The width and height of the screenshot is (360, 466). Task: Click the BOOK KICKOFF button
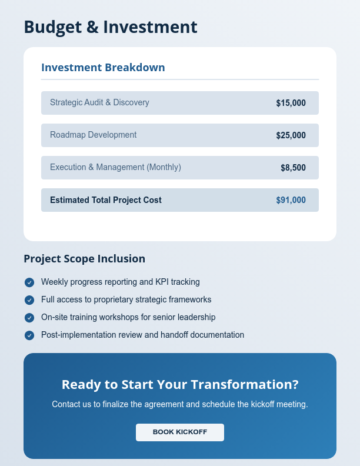click(x=180, y=432)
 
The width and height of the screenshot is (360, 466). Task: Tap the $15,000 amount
click(x=291, y=103)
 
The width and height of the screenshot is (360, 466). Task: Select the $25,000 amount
click(x=291, y=135)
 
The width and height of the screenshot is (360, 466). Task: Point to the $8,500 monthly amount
click(x=293, y=168)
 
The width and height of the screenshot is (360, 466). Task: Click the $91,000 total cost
click(x=291, y=200)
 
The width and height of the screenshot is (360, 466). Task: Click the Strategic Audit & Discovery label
click(x=99, y=102)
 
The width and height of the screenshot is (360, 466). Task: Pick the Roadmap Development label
click(x=93, y=135)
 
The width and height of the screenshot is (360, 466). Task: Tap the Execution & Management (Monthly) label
click(x=115, y=167)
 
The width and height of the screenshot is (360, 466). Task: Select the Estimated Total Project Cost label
click(x=106, y=200)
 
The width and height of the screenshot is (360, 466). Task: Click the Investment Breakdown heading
click(x=103, y=68)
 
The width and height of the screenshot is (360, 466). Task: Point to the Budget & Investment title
click(x=111, y=27)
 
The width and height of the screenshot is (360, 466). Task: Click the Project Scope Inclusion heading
click(x=84, y=259)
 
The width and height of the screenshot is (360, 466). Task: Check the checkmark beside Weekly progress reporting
click(x=29, y=282)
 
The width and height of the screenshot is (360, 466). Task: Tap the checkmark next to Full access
click(x=29, y=300)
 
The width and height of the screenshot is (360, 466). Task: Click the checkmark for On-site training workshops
click(x=29, y=318)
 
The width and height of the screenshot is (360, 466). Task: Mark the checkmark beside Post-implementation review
click(x=29, y=335)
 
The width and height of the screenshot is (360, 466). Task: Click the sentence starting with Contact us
click(x=180, y=405)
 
